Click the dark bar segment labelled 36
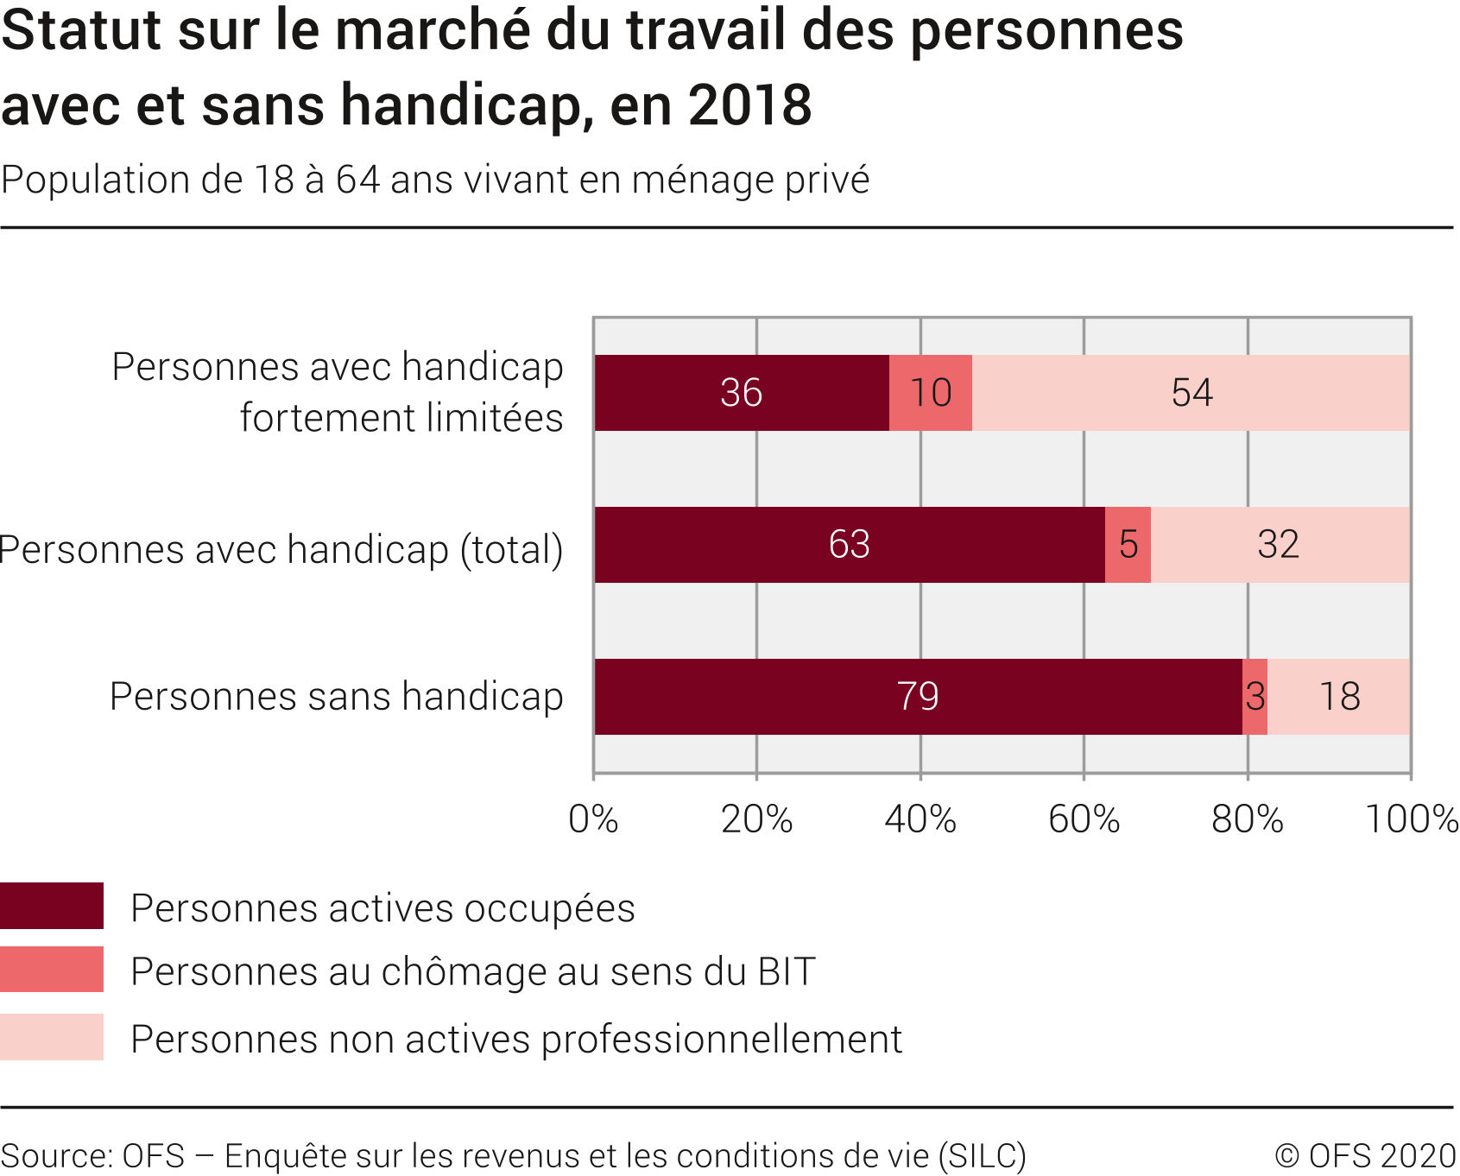click(x=741, y=393)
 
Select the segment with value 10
click(x=930, y=393)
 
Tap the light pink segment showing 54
click(x=1191, y=393)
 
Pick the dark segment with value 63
click(x=849, y=545)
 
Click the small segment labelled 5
click(x=1128, y=545)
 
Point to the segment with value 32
click(x=1279, y=545)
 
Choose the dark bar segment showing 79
click(x=917, y=697)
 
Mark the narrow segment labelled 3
click(x=1255, y=697)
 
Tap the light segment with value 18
click(x=1339, y=697)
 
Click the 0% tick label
click(x=593, y=819)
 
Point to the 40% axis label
click(x=920, y=819)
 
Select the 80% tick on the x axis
click(x=1248, y=819)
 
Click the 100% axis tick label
click(x=1411, y=819)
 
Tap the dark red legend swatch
click(x=52, y=906)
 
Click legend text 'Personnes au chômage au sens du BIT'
click(x=473, y=972)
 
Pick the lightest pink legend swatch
click(x=52, y=1037)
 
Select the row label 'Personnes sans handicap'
click(x=337, y=697)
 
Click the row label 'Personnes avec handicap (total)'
click(x=281, y=550)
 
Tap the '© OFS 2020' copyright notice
click(x=1365, y=1155)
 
